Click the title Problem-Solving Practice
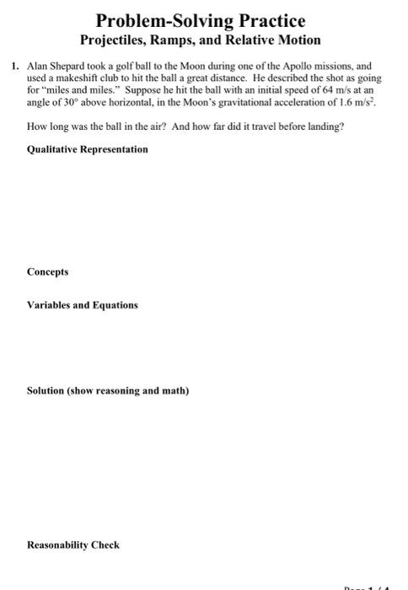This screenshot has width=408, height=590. point(200,19)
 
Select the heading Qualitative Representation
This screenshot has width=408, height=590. point(88,149)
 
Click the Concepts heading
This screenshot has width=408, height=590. point(47,272)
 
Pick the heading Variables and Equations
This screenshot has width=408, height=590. point(82,304)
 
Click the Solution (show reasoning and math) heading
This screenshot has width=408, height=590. point(108,391)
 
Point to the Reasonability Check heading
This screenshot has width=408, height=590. point(73,544)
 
